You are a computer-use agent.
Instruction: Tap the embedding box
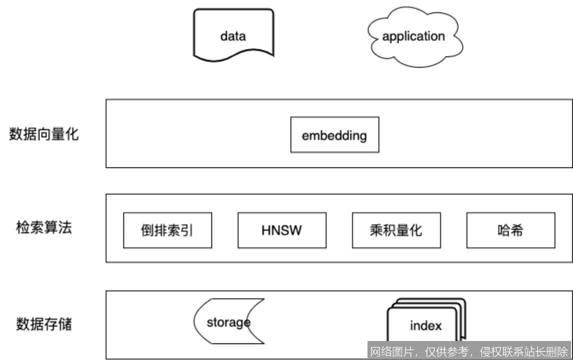point(334,134)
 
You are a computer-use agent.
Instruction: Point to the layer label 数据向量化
point(44,134)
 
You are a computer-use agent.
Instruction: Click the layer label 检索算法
point(44,227)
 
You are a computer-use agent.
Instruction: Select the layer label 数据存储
point(44,324)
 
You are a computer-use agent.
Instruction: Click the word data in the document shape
point(233,36)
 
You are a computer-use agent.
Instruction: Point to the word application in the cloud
point(413,36)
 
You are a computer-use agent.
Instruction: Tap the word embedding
point(334,135)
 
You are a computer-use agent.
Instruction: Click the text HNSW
point(281,230)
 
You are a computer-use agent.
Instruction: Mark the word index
point(426,326)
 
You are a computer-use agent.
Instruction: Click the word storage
point(228,322)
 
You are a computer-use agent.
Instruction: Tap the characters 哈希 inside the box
point(510,230)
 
